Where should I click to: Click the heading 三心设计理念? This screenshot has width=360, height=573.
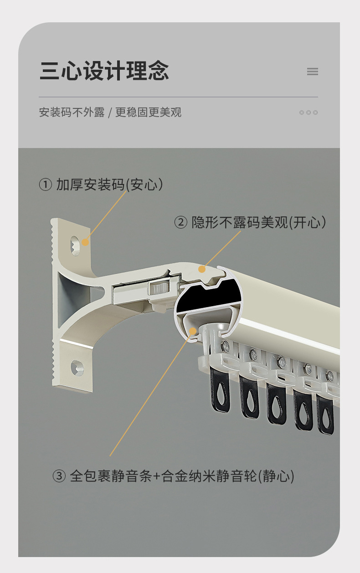pos(104,71)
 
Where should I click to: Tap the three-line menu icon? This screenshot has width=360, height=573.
pos(313,72)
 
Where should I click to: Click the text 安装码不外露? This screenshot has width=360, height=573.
pos(72,113)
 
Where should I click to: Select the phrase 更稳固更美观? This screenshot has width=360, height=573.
pos(149,113)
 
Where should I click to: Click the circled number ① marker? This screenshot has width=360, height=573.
pos(46,184)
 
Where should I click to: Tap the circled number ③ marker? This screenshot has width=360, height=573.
pos(59,476)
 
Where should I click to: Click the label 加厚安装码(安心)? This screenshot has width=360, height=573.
pos(109,184)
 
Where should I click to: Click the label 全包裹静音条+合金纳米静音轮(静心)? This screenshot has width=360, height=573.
pos(182,476)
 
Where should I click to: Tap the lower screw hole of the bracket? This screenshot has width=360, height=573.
pos(77,368)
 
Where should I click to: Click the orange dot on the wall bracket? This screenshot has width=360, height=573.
pos(85,242)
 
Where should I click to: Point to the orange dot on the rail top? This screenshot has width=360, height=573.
pos(202,269)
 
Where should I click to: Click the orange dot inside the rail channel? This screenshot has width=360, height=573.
pos(193,331)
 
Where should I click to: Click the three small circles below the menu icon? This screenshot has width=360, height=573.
pos(309,113)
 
